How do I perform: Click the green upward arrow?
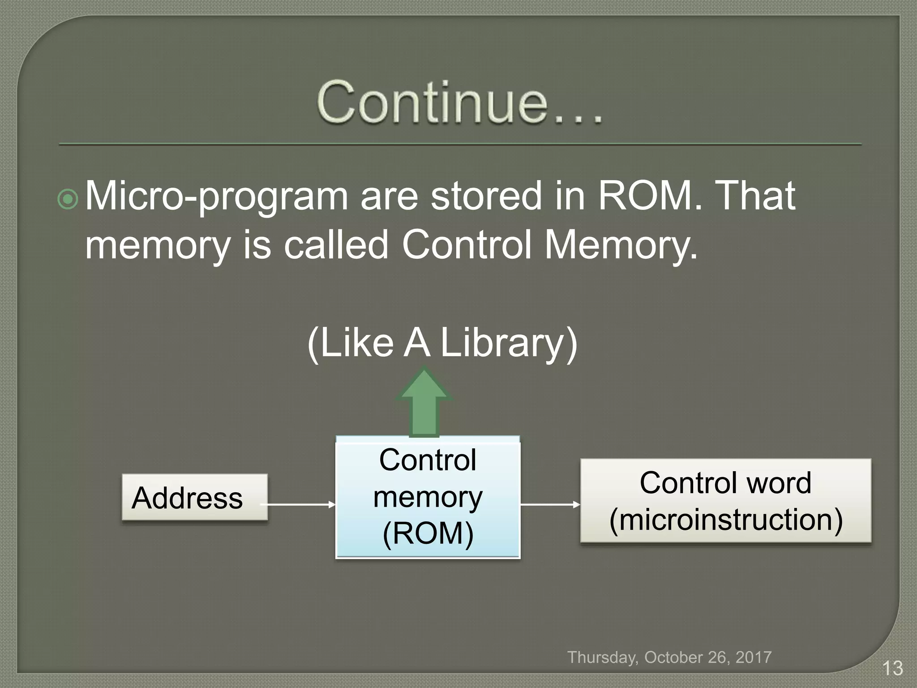[x=424, y=401]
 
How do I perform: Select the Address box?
[x=194, y=497]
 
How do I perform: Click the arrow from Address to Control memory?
[x=298, y=505]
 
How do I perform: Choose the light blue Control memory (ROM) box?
[x=428, y=497]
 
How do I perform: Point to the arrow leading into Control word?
[x=550, y=505]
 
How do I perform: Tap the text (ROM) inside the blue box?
[x=428, y=534]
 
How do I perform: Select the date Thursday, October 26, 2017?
[x=669, y=657]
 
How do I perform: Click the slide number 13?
[x=892, y=668]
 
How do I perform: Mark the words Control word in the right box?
[x=725, y=483]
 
